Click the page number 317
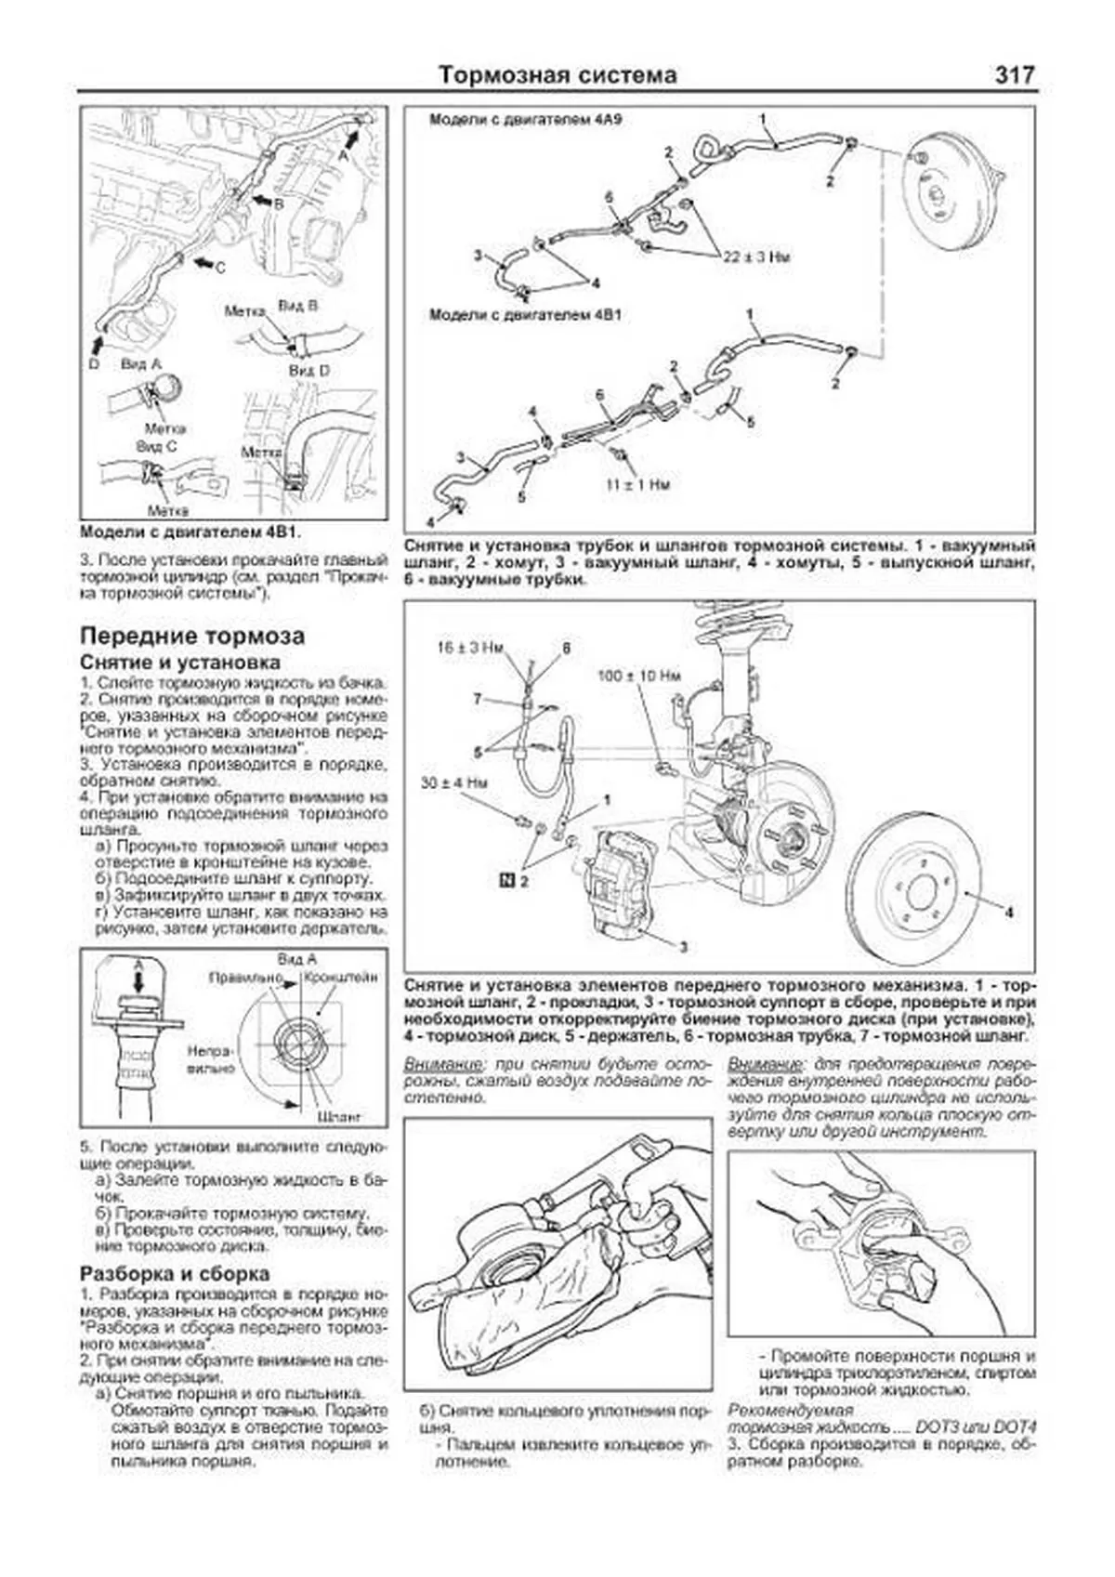coord(1015,74)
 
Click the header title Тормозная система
coord(557,74)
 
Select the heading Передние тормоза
coord(192,637)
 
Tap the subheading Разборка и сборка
coord(175,1273)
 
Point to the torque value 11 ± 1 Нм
coord(637,484)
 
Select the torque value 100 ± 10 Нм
coord(639,676)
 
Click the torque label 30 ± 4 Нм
coord(453,782)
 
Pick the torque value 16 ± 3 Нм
coord(470,648)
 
